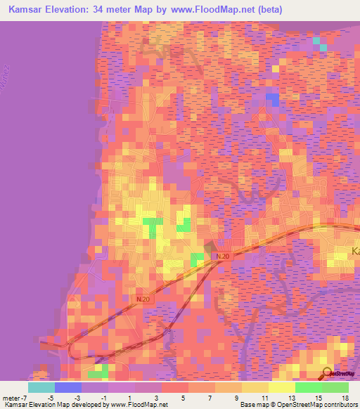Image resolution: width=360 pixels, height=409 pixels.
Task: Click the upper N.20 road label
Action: click(x=224, y=257)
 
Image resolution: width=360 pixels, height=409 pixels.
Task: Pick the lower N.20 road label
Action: click(x=143, y=299)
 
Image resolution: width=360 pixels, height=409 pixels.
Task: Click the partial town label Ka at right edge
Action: click(x=356, y=251)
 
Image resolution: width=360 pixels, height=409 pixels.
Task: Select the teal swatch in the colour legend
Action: click(x=41, y=387)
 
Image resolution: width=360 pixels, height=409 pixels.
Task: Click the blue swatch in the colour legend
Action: click(x=67, y=387)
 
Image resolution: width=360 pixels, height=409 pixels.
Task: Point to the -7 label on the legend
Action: click(x=25, y=397)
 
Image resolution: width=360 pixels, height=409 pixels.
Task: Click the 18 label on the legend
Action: click(x=344, y=397)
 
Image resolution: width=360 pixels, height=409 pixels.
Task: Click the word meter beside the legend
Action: click(x=11, y=397)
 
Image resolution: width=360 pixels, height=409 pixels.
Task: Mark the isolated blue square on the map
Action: click(x=272, y=99)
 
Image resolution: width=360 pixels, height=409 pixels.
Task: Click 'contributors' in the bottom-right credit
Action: click(x=340, y=405)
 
